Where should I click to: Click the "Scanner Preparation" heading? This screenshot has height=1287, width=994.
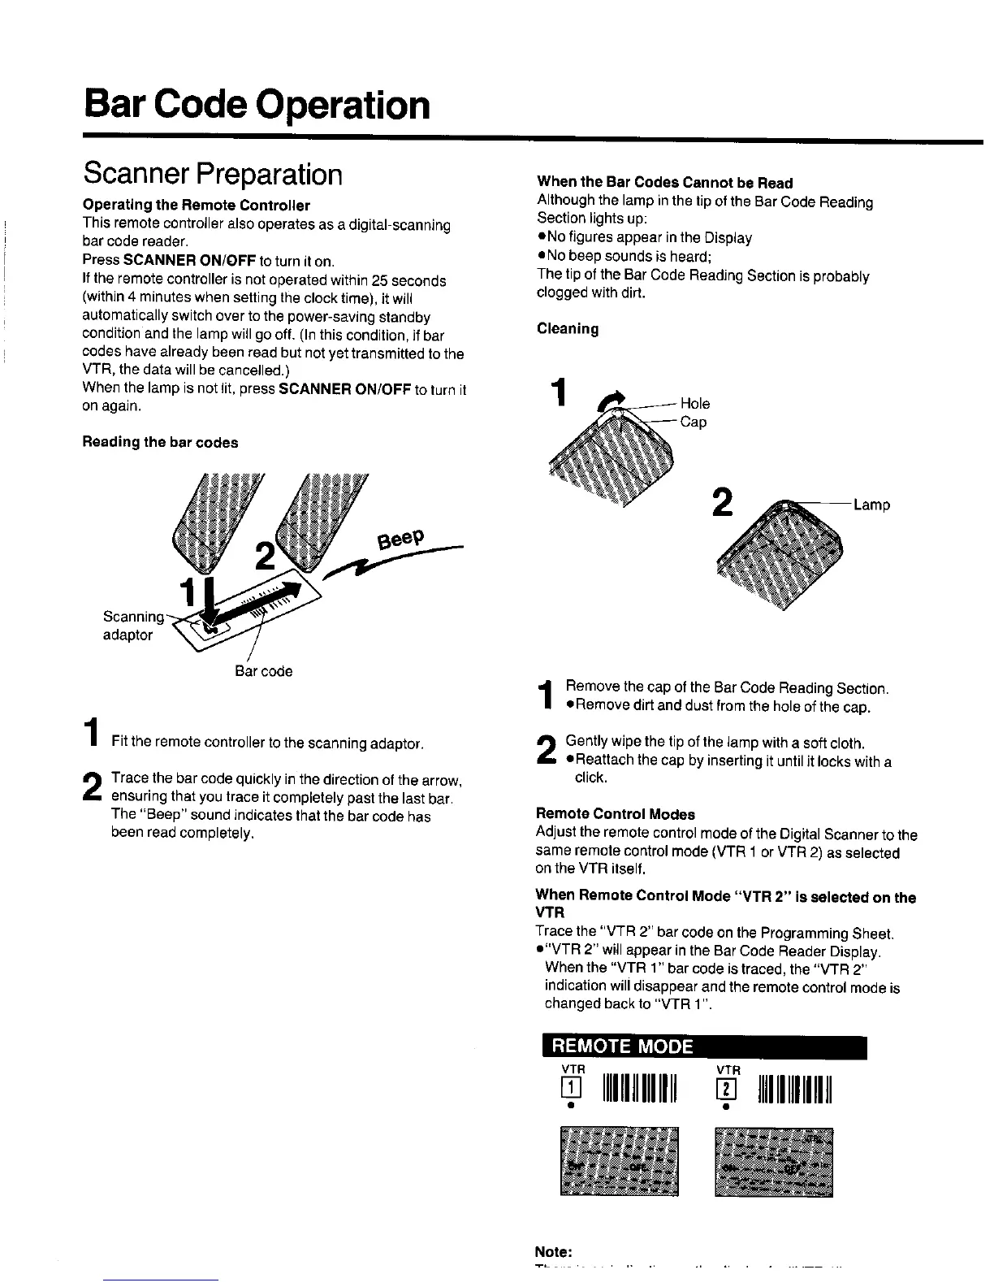coord(213,174)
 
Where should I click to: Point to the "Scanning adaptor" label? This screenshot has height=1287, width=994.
coord(131,626)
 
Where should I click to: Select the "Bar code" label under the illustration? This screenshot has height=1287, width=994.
coord(263,671)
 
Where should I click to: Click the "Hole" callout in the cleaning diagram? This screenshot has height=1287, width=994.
coord(694,403)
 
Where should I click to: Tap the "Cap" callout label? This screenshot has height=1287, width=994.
coord(693,422)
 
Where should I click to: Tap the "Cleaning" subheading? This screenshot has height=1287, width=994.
coord(568,329)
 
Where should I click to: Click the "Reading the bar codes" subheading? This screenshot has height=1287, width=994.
coord(160,442)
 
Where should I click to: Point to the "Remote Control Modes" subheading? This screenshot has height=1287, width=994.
coord(615,813)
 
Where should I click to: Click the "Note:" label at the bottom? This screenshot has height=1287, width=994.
coord(554,1251)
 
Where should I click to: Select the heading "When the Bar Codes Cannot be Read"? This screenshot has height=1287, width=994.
coord(664,183)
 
